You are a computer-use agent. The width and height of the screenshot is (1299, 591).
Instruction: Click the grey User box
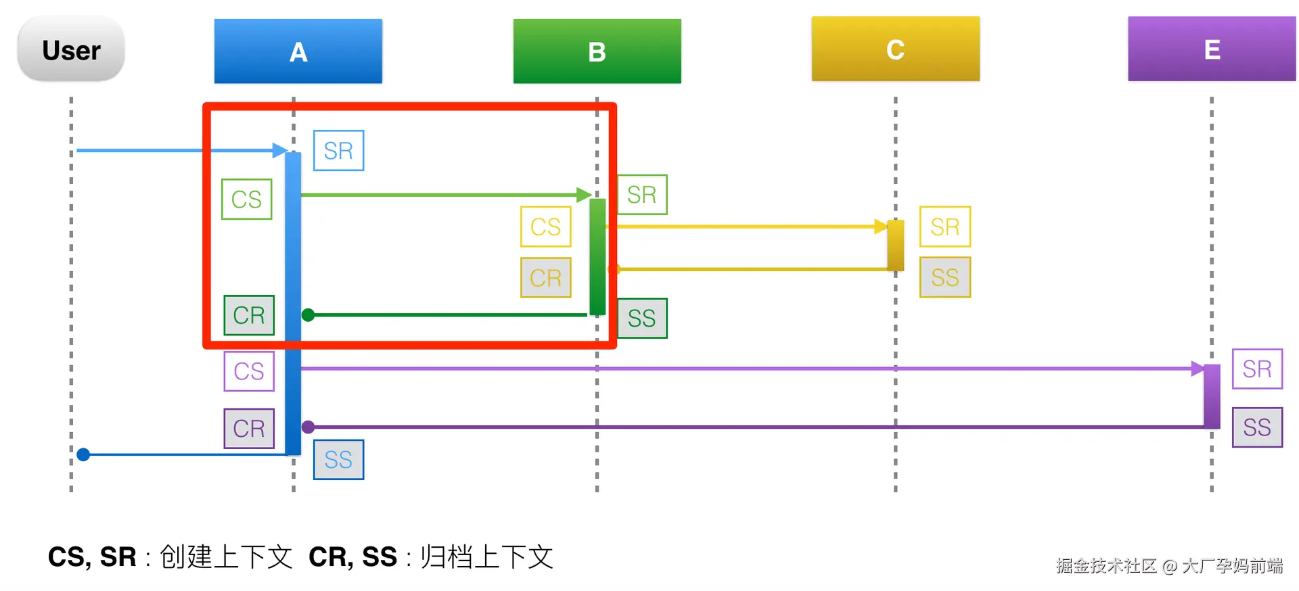click(71, 49)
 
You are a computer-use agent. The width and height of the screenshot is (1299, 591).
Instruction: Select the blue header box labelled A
click(298, 51)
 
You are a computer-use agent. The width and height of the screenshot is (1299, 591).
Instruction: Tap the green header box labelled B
click(597, 51)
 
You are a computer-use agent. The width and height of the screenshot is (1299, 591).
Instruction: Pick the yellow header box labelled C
click(895, 49)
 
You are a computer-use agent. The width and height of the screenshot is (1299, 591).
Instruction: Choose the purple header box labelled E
click(1211, 49)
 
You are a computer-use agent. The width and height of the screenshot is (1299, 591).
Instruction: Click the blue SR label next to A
click(338, 150)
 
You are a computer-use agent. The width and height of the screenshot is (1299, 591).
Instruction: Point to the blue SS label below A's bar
click(338, 460)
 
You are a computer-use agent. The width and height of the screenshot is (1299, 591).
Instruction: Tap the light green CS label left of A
click(246, 199)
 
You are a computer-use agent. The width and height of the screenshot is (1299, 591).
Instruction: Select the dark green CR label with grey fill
click(249, 315)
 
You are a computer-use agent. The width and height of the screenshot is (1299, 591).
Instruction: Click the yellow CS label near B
click(545, 227)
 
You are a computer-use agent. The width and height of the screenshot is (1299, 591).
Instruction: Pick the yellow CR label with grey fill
click(545, 277)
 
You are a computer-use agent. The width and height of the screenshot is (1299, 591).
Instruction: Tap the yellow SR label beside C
click(944, 227)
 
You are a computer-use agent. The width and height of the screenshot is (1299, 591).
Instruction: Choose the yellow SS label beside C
click(944, 277)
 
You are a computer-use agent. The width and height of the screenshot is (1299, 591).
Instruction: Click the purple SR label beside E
click(1257, 369)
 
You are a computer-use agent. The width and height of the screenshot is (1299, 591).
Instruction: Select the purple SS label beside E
click(1257, 427)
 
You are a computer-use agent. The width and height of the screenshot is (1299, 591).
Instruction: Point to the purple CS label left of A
click(249, 371)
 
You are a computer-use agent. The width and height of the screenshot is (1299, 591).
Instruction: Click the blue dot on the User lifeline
click(83, 454)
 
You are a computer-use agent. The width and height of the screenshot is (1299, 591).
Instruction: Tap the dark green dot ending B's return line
click(308, 315)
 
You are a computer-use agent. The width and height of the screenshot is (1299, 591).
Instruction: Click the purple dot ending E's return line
click(308, 427)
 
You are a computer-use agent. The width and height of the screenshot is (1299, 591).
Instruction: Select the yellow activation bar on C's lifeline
click(895, 245)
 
